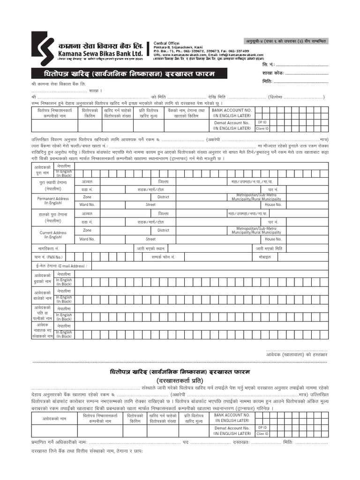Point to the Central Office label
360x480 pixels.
coord(166,43)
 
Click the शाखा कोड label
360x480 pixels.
coord(273,74)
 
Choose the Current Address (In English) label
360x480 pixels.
coord(52,235)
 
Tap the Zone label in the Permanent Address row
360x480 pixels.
coord(87,197)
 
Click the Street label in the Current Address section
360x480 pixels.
coord(150,239)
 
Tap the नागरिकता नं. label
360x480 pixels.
coord(48,248)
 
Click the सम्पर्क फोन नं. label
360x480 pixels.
coord(163,257)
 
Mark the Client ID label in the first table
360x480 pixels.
coord(262,128)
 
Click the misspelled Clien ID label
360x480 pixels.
coord(262,434)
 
